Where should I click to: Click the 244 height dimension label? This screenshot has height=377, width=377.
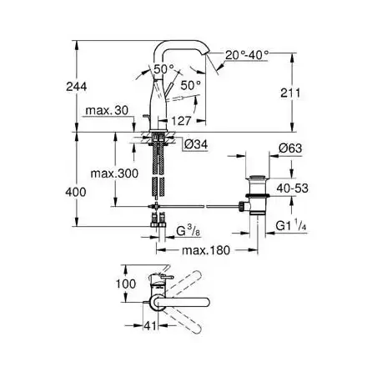click(77, 87)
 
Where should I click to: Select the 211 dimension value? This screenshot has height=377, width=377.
click(290, 93)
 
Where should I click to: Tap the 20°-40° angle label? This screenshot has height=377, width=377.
click(247, 55)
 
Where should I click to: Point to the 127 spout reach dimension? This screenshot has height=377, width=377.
click(181, 121)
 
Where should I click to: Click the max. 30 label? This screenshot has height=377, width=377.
click(107, 111)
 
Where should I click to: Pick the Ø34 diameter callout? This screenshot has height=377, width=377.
click(196, 144)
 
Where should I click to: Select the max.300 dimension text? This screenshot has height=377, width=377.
click(114, 173)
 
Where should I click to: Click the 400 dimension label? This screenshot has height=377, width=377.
click(76, 192)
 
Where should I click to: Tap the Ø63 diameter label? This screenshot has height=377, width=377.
click(290, 148)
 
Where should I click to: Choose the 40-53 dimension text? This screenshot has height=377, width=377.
click(293, 188)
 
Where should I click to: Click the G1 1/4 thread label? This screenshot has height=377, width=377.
click(291, 225)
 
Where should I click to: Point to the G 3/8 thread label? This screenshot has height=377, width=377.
click(188, 230)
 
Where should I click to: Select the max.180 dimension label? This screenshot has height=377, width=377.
click(206, 250)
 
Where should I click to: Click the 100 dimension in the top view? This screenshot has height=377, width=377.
click(126, 284)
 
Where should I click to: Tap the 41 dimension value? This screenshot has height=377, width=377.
click(150, 326)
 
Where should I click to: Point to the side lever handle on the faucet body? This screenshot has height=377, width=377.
click(168, 89)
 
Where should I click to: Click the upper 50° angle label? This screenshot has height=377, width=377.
click(164, 69)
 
